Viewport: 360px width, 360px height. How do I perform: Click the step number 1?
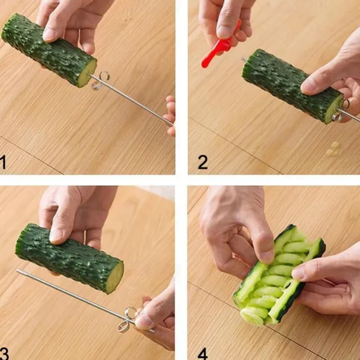pos(3,162)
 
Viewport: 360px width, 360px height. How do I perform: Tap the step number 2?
pos(202,162)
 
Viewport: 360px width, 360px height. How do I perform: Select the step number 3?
pos(4,353)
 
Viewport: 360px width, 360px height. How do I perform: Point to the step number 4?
pos(202,354)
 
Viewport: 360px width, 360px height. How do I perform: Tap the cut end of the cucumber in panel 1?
pos(87,73)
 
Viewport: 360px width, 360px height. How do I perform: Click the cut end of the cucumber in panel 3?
pos(114,277)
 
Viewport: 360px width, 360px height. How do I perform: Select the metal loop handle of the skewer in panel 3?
pos(127,320)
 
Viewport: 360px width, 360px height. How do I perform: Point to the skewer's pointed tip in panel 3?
pos(18,271)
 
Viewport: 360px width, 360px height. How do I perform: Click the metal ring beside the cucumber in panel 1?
pos(101,80)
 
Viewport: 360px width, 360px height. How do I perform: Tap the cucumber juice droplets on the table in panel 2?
pos(333,149)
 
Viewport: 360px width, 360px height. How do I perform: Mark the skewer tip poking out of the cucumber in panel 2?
pos(243,60)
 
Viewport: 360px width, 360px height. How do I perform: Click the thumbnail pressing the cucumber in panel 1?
pos(49,35)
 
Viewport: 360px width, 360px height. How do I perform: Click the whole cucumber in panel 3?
pos(70,258)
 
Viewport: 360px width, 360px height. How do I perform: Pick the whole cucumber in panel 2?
pos(293,87)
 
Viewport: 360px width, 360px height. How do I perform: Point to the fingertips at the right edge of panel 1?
pos(171,116)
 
